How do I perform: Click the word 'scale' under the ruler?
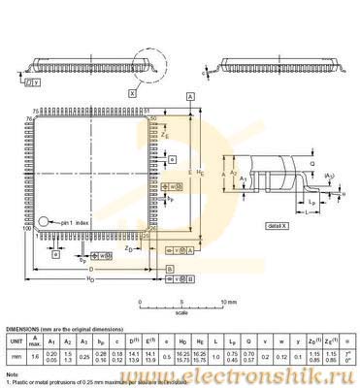pos(181,311)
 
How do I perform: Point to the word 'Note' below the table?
pos(12,373)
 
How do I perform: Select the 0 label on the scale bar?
pos(141,302)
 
